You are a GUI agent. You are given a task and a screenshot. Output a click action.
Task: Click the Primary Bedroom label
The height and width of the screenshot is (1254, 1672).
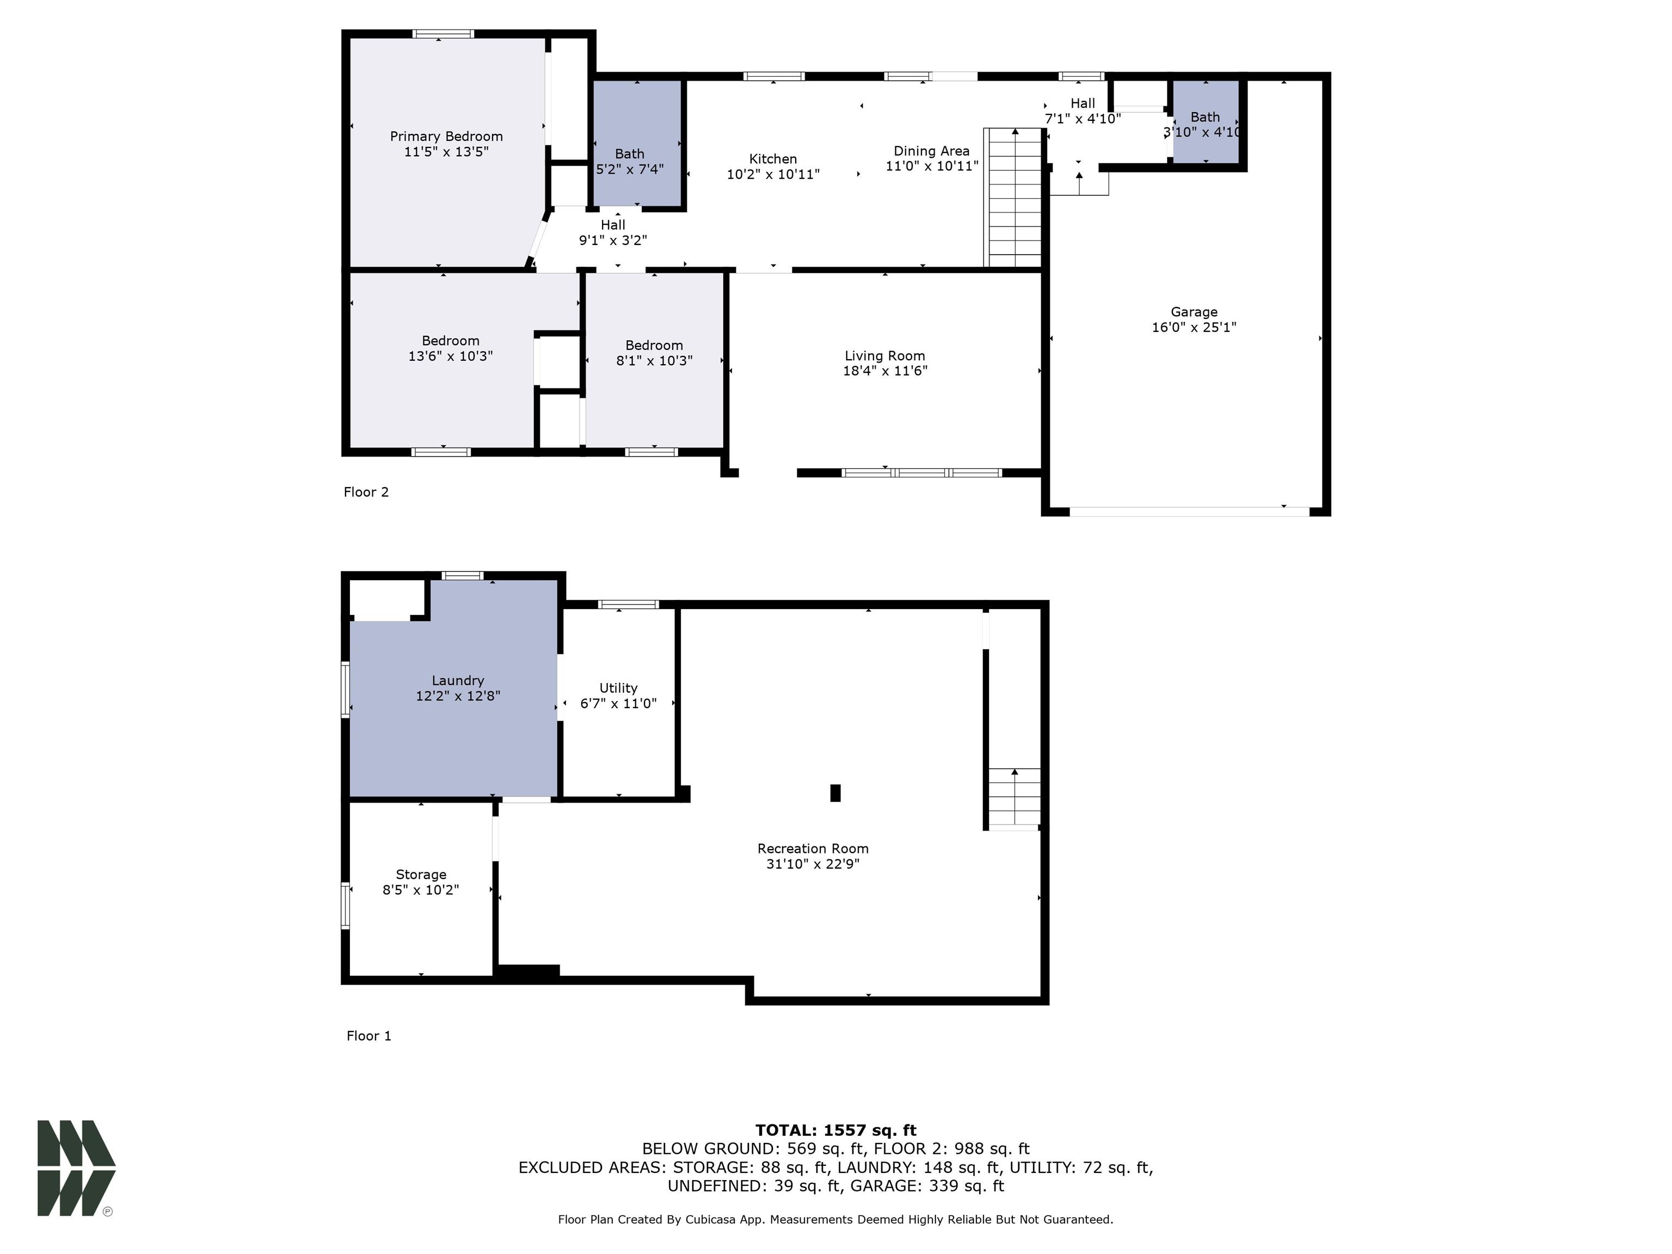(x=446, y=137)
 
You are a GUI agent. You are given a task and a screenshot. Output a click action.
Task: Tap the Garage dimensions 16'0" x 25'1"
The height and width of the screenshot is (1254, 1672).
(x=1194, y=327)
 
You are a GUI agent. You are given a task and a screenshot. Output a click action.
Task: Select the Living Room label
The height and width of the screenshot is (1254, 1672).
(x=884, y=356)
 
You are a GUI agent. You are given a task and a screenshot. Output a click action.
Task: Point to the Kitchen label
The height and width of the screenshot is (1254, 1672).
(x=772, y=159)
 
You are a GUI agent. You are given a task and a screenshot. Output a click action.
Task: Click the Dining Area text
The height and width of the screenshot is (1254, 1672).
(x=931, y=151)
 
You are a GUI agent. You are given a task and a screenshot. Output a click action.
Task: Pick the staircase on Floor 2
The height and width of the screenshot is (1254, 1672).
(x=1013, y=198)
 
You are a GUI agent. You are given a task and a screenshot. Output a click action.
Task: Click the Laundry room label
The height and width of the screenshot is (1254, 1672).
(x=457, y=681)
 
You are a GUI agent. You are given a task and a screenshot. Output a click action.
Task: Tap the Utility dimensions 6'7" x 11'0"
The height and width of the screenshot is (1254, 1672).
(x=618, y=704)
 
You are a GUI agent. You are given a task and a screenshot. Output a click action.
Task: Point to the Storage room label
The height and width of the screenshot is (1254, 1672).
(x=421, y=875)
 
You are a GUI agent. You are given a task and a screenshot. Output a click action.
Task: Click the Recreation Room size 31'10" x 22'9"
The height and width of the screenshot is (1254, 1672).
(x=813, y=864)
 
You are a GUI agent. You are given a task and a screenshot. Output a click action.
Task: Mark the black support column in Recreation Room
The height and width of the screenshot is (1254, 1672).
(x=835, y=793)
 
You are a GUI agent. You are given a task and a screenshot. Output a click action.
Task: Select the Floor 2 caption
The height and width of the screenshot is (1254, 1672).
(x=366, y=492)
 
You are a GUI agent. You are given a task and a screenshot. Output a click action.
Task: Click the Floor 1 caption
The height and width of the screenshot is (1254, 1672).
(x=369, y=1036)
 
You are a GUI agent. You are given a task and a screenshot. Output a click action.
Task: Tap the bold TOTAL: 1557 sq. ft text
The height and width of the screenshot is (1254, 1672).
(x=835, y=1130)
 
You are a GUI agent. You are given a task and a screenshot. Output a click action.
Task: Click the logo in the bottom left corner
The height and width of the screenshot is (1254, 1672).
(x=76, y=1168)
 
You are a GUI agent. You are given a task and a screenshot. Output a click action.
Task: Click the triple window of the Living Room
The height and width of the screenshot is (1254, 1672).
(x=921, y=473)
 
